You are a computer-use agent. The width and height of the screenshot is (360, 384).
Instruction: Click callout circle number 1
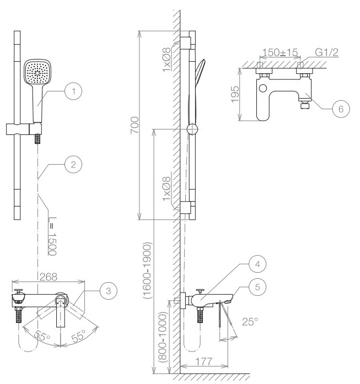click(73, 91)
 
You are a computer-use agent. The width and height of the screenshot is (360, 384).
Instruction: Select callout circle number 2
click(73, 164)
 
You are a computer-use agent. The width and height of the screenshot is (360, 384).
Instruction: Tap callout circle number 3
click(109, 291)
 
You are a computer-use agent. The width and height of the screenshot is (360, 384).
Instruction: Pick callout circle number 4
click(257, 264)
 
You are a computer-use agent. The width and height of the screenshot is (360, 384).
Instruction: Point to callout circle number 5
click(257, 287)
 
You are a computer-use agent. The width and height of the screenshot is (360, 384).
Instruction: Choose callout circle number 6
click(341, 109)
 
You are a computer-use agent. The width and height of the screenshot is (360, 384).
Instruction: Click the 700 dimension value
click(135, 125)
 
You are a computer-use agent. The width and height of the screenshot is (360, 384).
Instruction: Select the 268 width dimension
click(49, 277)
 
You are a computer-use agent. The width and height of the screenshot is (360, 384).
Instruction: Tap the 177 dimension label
click(204, 361)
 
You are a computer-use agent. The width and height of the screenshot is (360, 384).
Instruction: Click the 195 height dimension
click(235, 94)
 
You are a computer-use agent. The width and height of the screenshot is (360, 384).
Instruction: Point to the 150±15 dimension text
click(280, 52)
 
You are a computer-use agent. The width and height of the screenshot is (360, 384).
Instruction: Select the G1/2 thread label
click(327, 52)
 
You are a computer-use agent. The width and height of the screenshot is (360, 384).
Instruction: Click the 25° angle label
click(250, 322)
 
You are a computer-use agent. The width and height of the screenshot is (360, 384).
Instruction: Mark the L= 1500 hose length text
click(52, 236)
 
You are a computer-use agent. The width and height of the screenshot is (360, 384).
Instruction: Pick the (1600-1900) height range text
click(148, 271)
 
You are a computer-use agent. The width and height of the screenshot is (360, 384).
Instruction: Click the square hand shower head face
click(37, 73)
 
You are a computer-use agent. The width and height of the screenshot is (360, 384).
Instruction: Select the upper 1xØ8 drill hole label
click(166, 60)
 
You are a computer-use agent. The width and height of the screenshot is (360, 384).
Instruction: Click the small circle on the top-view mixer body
click(263, 88)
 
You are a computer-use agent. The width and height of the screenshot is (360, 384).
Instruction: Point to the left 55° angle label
click(42, 336)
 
